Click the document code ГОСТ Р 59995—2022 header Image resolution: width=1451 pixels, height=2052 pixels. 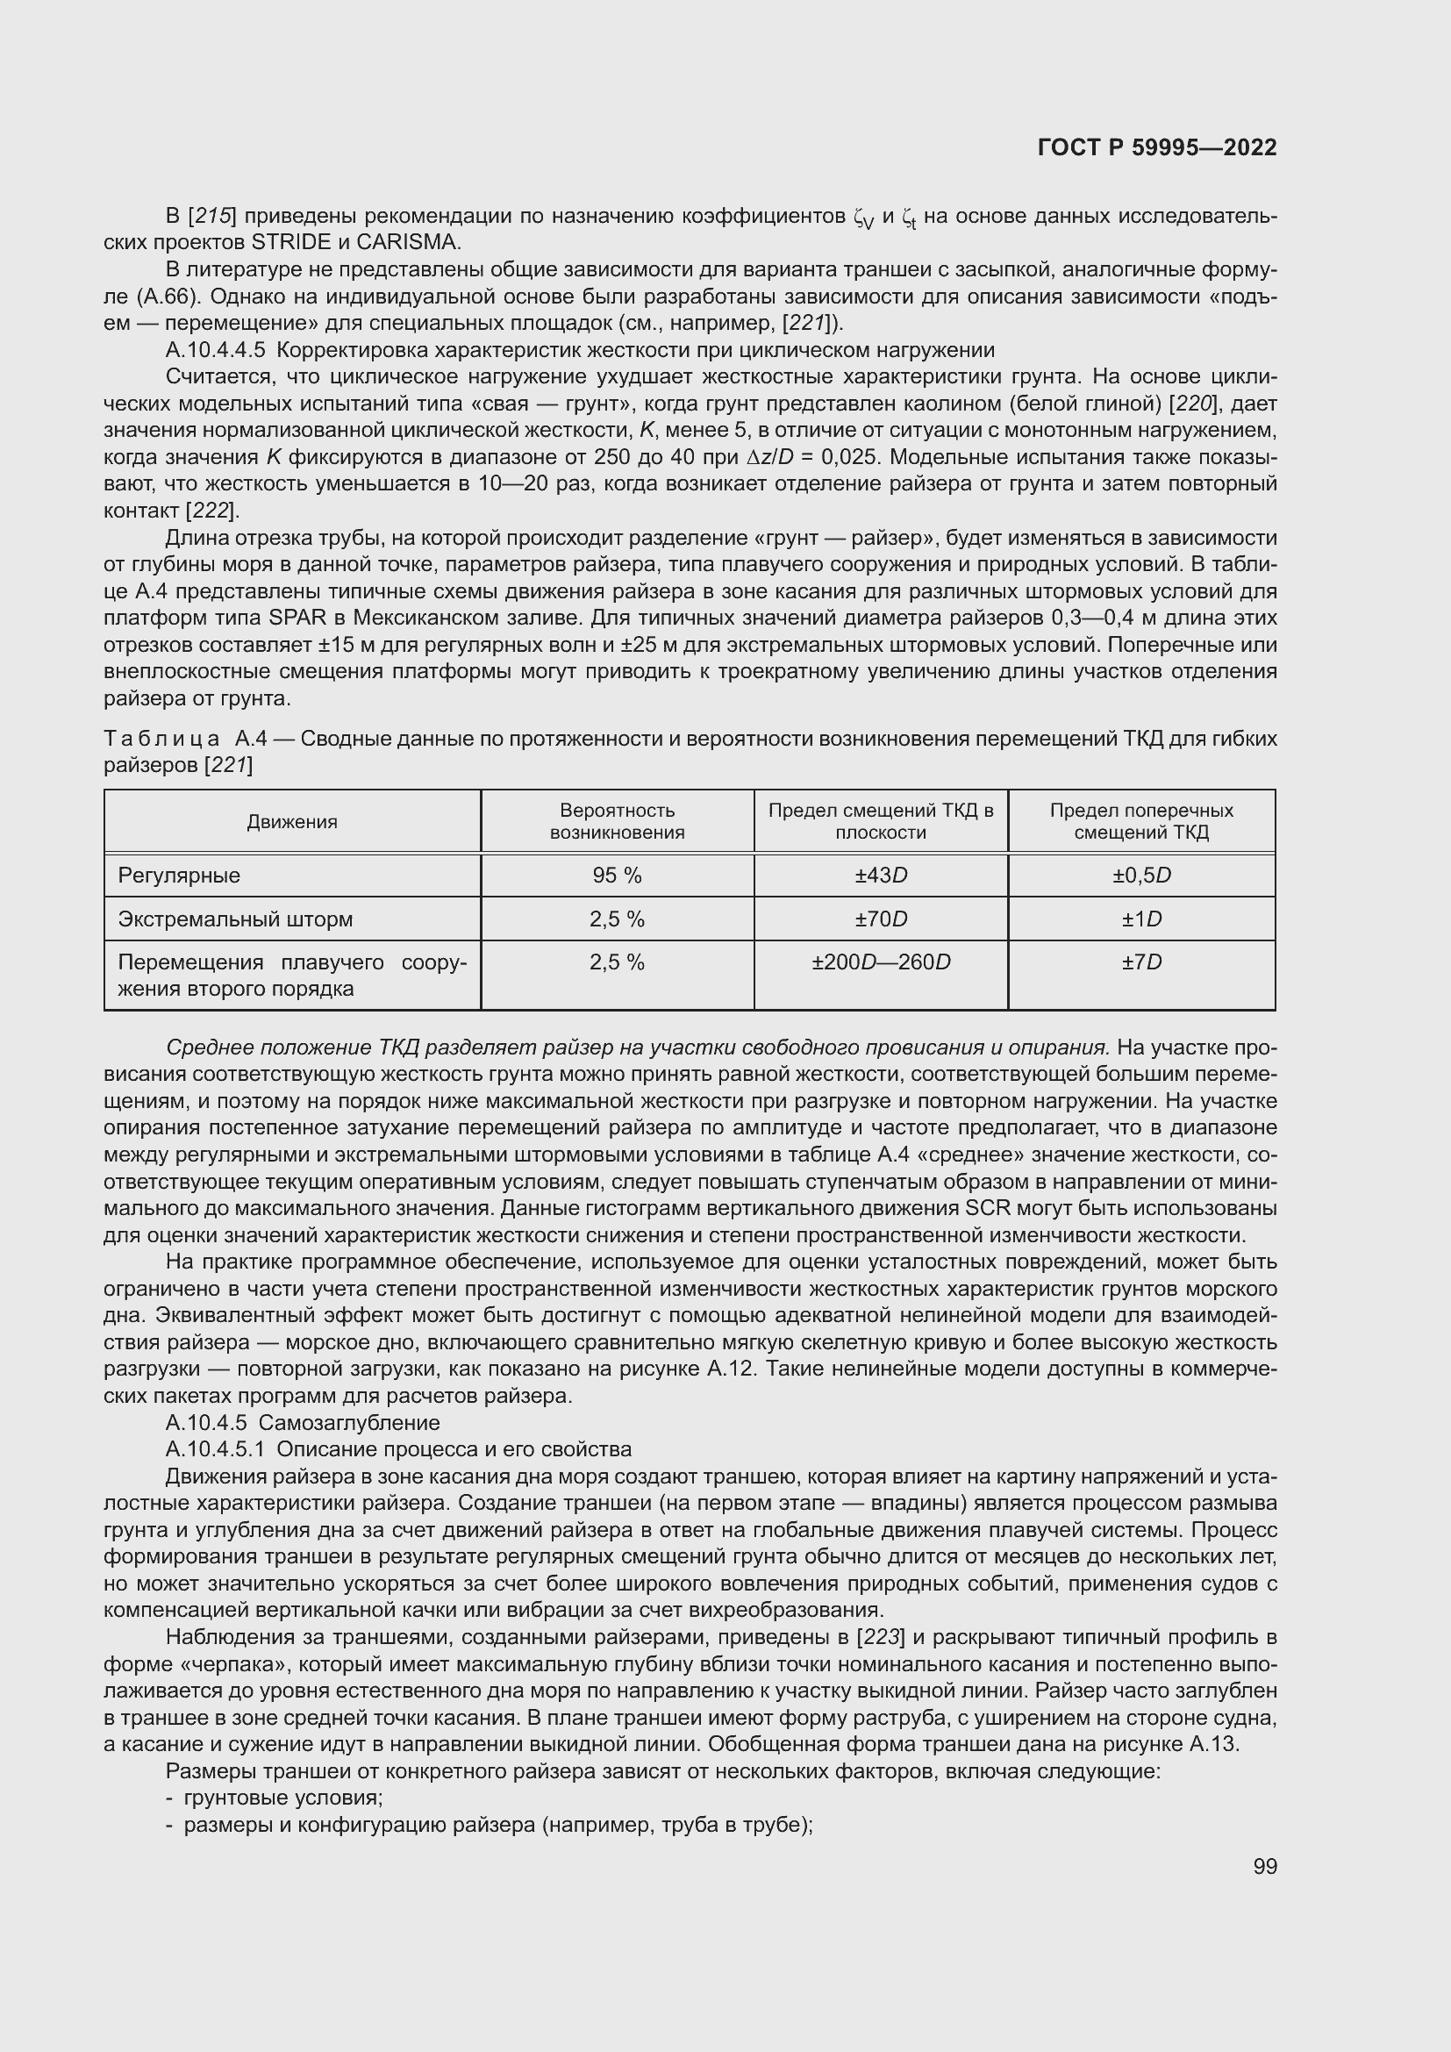click(x=1157, y=147)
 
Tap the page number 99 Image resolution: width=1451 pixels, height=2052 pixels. click(x=1264, y=1866)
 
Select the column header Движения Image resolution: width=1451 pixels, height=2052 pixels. click(x=292, y=822)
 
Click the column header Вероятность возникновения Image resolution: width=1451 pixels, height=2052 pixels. click(x=617, y=821)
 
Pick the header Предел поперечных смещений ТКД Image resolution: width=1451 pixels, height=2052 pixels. click(x=1141, y=821)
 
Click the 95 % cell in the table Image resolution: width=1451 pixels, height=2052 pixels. click(x=617, y=876)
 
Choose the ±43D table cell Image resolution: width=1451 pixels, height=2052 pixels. click(x=880, y=876)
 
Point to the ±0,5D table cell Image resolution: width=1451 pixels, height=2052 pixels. click(x=1141, y=876)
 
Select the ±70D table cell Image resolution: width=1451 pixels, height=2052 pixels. click(x=880, y=919)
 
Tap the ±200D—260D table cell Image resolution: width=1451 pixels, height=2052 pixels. click(x=880, y=962)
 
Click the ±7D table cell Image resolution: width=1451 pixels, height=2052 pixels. click(x=1141, y=962)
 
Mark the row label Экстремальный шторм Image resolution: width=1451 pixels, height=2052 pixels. click(x=235, y=919)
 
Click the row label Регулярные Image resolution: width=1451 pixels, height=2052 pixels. click(x=179, y=876)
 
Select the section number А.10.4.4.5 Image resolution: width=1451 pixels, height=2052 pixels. click(x=215, y=350)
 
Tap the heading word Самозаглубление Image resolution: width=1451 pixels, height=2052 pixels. click(x=349, y=1422)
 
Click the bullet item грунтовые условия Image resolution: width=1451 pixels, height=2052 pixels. click(x=283, y=1798)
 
